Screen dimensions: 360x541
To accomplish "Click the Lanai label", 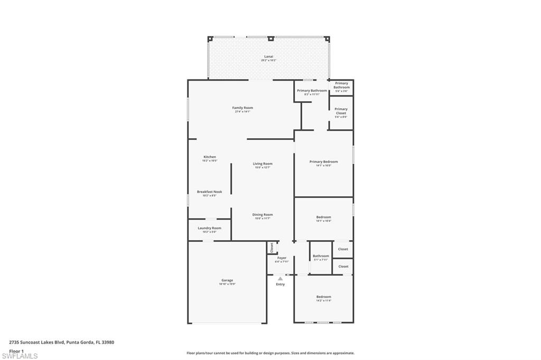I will [268, 57].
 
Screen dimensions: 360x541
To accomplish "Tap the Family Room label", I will [242, 108].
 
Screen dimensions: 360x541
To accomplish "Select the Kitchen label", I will [210, 157].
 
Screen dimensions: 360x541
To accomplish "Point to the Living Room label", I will [263, 164].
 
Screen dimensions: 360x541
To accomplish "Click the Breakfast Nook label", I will [209, 192].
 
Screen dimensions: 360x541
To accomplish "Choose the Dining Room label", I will [262, 215].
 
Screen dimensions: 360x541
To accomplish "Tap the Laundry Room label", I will [209, 229].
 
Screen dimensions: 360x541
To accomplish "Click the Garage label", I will [227, 281].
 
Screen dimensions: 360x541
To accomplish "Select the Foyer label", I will [282, 259].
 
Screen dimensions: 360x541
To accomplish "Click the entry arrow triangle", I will [280, 279].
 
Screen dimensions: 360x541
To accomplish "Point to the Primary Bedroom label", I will [323, 162].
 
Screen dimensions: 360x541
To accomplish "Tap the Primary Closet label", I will [341, 111].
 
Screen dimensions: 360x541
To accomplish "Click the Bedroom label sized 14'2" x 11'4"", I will [323, 297].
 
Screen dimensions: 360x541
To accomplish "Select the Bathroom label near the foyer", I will [321, 257].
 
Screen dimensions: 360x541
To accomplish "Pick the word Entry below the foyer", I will [280, 285].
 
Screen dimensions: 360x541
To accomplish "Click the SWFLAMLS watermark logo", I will [20, 356].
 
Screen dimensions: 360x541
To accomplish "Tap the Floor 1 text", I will [16, 350].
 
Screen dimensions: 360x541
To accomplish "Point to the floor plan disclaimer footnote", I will [270, 353].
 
